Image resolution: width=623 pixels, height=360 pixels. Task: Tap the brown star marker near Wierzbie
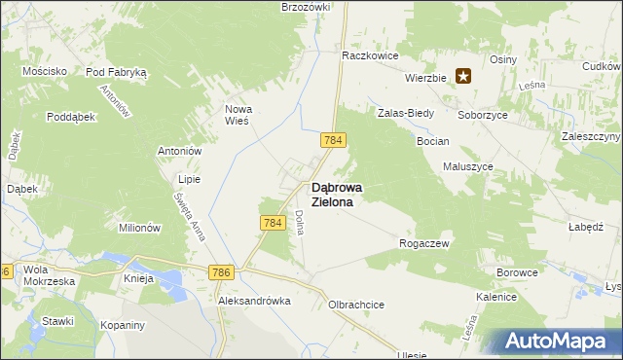464,76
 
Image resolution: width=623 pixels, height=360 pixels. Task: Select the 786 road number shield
219,274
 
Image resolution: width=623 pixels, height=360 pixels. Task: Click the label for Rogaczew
424,243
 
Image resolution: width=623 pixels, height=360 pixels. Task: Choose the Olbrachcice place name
356,305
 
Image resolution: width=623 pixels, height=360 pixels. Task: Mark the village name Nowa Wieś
238,115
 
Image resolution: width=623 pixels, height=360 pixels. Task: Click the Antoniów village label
179,151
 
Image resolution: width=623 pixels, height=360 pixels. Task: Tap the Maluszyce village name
468,166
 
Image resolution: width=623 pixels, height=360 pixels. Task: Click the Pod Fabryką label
116,72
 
